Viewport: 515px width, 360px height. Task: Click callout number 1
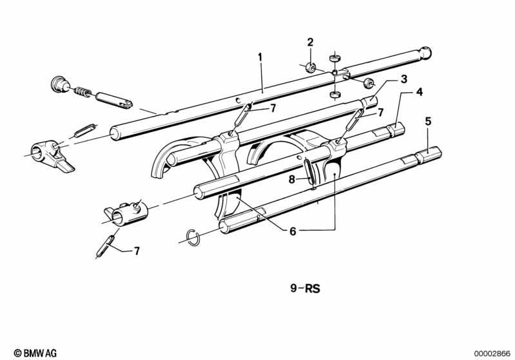(260, 57)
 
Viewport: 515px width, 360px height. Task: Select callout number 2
(310, 43)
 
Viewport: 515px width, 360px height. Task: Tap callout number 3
(403, 79)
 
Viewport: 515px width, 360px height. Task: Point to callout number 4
(420, 92)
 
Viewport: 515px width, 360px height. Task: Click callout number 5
(427, 122)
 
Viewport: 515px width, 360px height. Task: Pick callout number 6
(293, 231)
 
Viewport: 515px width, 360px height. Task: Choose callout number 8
(292, 180)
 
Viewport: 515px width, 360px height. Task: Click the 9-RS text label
(305, 289)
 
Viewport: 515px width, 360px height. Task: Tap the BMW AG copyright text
(35, 353)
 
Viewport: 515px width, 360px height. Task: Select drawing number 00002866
(492, 354)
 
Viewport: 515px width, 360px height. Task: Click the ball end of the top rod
(426, 53)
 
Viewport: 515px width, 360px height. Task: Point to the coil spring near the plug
(82, 91)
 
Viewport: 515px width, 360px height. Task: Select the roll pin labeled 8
(310, 173)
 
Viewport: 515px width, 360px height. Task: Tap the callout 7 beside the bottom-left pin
(137, 251)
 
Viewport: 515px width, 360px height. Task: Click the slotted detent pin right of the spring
(114, 99)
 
